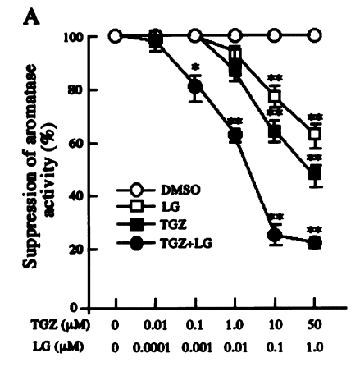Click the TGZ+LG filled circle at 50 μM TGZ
[x=315, y=243]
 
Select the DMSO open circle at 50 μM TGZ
[x=315, y=35]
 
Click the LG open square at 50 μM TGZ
[x=315, y=135]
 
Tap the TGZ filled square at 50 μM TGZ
[x=315, y=174]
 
